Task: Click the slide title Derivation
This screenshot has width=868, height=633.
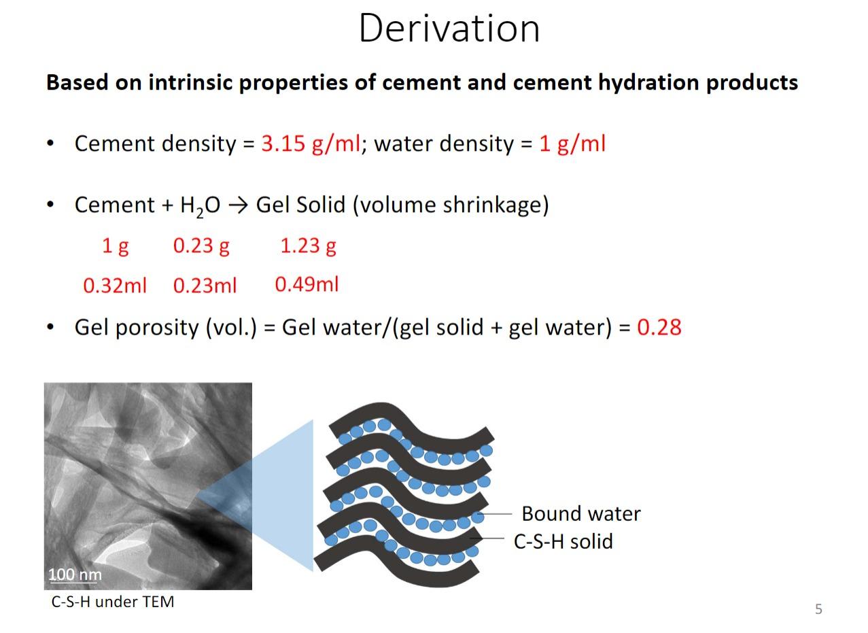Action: coord(449,29)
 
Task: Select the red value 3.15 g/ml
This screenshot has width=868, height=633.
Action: coord(311,144)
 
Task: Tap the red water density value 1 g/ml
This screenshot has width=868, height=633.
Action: coord(572,144)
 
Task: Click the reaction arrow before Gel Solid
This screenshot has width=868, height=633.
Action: coord(238,205)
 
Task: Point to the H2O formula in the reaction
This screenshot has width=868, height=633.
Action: coord(200,206)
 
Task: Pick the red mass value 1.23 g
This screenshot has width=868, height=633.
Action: coord(308,247)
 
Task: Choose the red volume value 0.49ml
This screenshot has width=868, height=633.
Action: coord(307,284)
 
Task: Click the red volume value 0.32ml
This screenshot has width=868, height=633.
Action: coord(115,286)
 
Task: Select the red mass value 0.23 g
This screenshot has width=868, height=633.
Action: coord(201,247)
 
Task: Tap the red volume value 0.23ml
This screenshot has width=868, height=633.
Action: coord(205,286)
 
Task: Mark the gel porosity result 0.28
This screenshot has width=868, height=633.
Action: coord(659,327)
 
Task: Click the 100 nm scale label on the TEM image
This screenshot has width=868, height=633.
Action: coord(75,574)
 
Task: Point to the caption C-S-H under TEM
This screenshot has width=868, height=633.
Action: coord(112,602)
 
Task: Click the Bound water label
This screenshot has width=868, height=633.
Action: coord(581,513)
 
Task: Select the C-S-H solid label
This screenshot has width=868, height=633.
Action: coord(563,541)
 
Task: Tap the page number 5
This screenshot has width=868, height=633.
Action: coord(818,609)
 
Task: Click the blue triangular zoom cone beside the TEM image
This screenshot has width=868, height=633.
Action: coord(271,496)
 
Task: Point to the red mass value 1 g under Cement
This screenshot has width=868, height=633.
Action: coord(115,247)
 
